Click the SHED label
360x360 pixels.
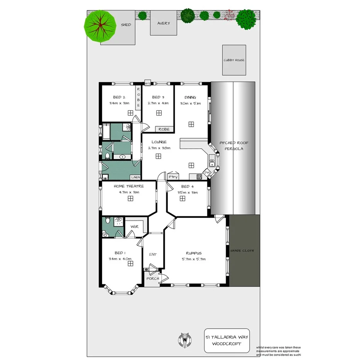[126, 25]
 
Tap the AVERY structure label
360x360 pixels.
[163, 23]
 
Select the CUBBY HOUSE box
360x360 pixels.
[234, 60]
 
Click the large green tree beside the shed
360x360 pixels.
[100, 25]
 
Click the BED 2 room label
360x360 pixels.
[119, 97]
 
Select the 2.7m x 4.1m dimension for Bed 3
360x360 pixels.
[158, 103]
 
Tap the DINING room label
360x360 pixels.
[190, 97]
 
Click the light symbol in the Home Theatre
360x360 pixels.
[131, 198]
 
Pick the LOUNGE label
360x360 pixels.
[158, 142]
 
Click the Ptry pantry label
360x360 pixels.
[173, 177]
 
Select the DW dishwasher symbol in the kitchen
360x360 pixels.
[207, 172]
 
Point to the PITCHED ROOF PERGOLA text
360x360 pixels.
[234, 146]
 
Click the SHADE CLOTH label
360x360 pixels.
[242, 250]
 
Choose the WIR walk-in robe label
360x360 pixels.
[134, 226]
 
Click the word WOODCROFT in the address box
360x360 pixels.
[227, 343]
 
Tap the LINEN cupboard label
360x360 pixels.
[135, 177]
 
